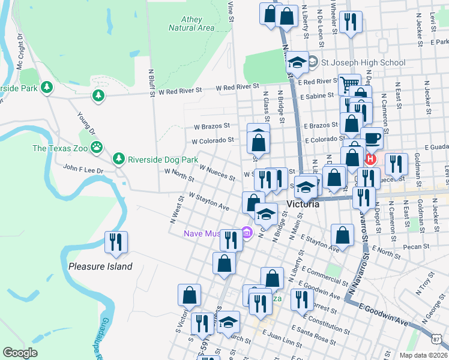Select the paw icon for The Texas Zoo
click(96, 148)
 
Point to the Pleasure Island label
click(100, 266)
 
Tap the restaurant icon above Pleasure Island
click(114, 242)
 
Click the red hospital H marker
click(370, 160)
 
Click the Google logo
click(20, 353)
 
